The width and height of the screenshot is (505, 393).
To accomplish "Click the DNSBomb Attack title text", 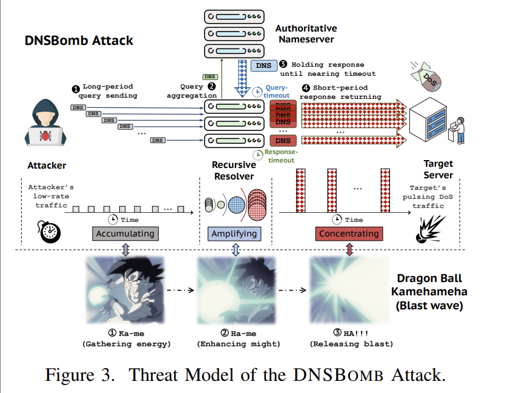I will click(x=79, y=41).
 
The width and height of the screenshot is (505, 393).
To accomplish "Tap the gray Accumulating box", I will click(x=124, y=233).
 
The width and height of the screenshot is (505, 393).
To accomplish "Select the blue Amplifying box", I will click(x=234, y=233).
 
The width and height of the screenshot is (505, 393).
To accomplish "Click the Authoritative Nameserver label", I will click(x=306, y=34).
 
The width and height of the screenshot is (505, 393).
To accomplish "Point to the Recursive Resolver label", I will click(x=234, y=170).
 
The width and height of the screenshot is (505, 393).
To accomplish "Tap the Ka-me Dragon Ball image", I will click(x=125, y=289).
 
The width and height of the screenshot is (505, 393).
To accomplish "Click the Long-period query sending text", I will click(x=107, y=91).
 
